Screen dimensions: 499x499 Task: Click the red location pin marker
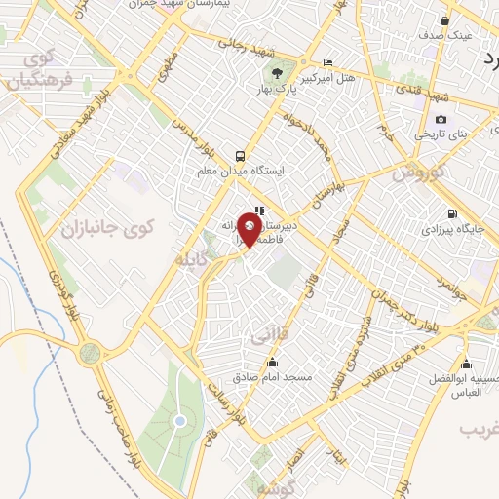(x=249, y=230)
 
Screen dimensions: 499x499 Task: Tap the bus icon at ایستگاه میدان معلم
(x=240, y=156)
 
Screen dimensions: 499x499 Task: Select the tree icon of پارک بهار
(x=278, y=72)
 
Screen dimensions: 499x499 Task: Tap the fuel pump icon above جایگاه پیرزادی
(x=450, y=214)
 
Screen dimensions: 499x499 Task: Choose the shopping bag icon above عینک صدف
(x=445, y=20)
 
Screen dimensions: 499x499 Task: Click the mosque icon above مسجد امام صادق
(x=272, y=363)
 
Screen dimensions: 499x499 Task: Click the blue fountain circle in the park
(x=180, y=421)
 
